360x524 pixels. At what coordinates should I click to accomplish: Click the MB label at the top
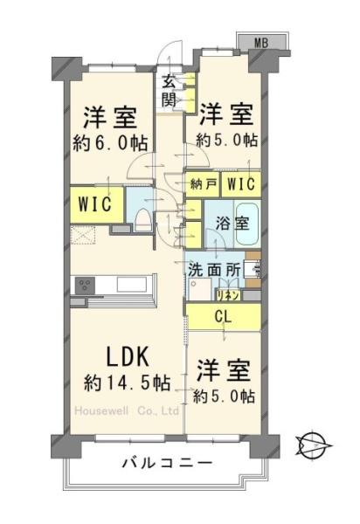click(x=261, y=41)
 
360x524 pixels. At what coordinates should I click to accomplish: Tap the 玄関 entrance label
click(x=168, y=91)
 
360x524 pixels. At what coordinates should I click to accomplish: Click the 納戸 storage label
click(x=203, y=184)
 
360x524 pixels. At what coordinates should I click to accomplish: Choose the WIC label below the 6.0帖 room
click(x=92, y=204)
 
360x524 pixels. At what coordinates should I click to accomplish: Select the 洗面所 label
click(x=214, y=270)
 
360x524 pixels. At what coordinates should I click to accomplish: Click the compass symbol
click(x=310, y=446)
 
